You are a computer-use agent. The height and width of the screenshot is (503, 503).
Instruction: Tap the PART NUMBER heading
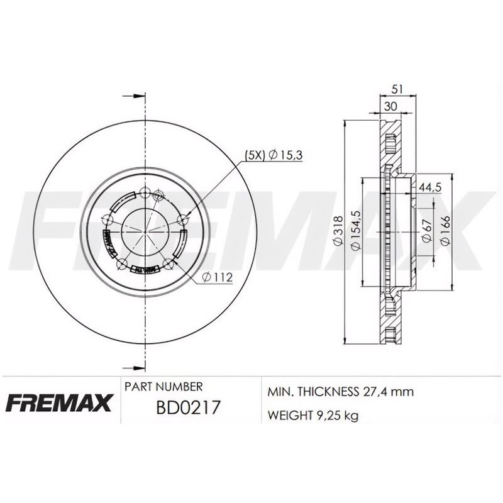click(163, 386)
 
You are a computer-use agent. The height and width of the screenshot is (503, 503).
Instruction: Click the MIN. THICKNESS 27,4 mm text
click(340, 392)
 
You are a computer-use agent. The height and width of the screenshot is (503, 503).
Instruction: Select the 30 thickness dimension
click(390, 106)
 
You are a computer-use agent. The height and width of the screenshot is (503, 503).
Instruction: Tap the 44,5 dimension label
click(429, 187)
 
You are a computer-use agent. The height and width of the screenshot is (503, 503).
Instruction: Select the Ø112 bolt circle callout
click(216, 277)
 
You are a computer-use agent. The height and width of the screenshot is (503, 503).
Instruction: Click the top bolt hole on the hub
click(146, 193)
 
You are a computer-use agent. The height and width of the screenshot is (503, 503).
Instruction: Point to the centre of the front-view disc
click(146, 231)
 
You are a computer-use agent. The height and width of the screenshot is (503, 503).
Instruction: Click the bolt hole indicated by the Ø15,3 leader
click(183, 219)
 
